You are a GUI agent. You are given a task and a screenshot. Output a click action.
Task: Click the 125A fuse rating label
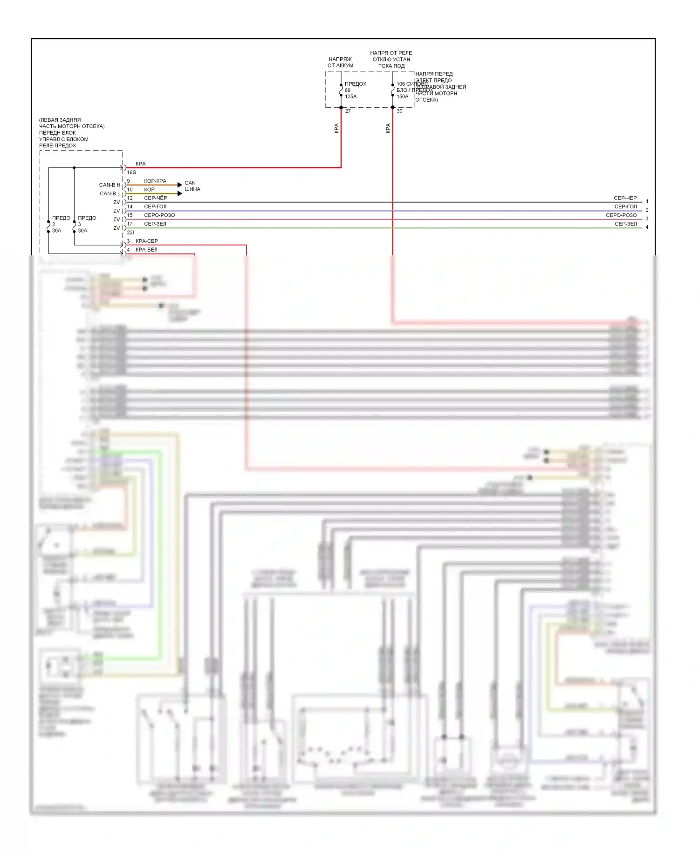coord(350,96)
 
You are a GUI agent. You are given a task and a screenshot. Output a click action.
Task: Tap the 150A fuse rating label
coord(402,96)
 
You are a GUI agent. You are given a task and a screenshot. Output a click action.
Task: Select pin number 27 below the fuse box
coord(348,111)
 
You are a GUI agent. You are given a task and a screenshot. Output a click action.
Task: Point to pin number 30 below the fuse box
coord(399,111)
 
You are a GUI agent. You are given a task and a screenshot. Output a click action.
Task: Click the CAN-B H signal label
coord(110,185)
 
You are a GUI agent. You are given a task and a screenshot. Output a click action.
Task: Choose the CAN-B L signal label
coord(110,193)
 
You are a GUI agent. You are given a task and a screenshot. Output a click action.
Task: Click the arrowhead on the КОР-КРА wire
coord(180,185)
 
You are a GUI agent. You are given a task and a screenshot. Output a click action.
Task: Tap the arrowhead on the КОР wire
coord(180,193)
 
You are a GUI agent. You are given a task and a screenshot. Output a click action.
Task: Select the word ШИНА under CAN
coord(192,189)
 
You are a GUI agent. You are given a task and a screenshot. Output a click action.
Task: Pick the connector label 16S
coord(131,172)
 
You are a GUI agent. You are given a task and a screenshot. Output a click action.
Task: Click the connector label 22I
coord(130,233)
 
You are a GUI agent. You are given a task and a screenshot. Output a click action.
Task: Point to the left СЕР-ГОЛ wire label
coord(155,206)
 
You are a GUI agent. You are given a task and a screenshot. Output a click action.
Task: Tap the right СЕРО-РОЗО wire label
coord(621,215)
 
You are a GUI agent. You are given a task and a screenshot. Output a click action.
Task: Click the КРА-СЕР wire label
coord(146,241)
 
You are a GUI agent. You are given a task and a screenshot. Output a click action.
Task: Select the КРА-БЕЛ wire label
coord(146,250)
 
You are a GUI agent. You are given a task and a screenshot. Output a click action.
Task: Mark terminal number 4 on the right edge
coord(647,227)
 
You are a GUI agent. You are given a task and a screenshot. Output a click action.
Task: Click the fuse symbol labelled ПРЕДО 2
coord(48,226)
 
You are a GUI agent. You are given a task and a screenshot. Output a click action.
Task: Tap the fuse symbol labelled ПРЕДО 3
coord(74,226)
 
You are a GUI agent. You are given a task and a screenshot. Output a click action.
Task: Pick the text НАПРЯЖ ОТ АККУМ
coord(340,62)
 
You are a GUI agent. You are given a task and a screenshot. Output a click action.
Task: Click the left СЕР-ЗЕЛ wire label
coord(155,224)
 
